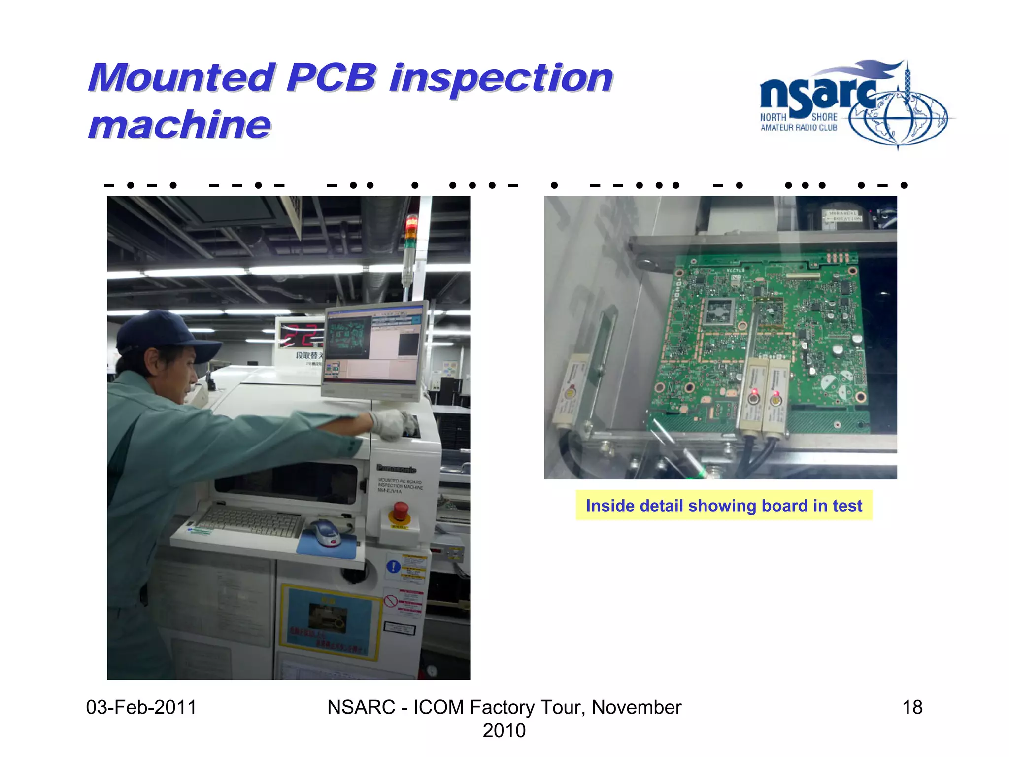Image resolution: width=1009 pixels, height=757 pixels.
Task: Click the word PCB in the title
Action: point(331,78)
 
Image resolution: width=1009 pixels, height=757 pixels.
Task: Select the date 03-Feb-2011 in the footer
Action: point(141,707)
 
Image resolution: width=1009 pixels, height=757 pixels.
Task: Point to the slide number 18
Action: point(912,707)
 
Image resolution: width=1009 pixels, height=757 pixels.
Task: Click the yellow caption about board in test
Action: point(724,506)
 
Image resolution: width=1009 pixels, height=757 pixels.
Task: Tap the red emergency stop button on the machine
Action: point(400,511)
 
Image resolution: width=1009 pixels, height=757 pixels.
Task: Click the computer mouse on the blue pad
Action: point(325,532)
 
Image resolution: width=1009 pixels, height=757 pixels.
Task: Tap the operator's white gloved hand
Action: point(394,423)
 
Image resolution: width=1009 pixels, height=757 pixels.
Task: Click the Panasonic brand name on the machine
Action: point(397,469)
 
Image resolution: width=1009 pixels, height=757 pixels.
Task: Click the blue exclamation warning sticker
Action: point(393,567)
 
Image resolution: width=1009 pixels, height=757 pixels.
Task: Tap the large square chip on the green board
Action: point(720,311)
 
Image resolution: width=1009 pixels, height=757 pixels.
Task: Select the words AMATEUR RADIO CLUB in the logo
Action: point(799,128)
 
